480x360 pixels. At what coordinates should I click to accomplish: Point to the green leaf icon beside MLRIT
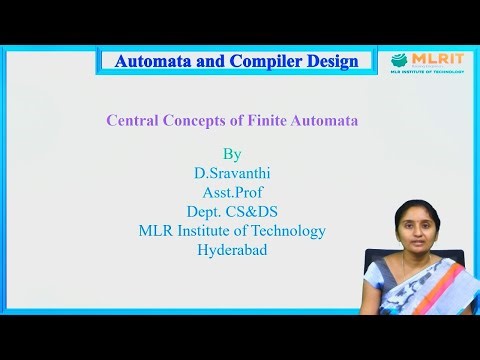pyautogui.click(x=399, y=60)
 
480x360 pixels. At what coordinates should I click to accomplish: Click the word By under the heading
pyautogui.click(x=232, y=155)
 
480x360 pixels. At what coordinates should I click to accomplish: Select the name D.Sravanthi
pyautogui.click(x=232, y=172)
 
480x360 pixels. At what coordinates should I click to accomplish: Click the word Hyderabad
pyautogui.click(x=232, y=250)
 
